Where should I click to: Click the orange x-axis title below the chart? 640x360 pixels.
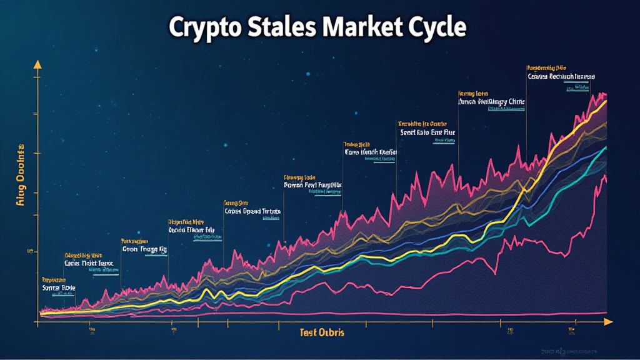point(322,333)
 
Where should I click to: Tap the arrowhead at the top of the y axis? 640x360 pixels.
point(37,64)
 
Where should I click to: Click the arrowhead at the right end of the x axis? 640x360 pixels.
point(607,322)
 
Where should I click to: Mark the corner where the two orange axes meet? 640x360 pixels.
point(37,322)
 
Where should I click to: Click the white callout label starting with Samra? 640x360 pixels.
point(58,287)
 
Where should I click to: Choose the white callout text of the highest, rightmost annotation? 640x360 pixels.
point(561,77)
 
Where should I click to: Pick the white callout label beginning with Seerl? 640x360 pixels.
point(429,132)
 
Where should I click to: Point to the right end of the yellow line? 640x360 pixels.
point(606,101)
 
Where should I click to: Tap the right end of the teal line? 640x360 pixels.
point(606,148)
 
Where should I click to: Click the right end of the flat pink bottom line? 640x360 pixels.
point(606,312)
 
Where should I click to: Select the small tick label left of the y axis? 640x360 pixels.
point(29,252)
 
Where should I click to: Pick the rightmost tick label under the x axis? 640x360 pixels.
point(571,329)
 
